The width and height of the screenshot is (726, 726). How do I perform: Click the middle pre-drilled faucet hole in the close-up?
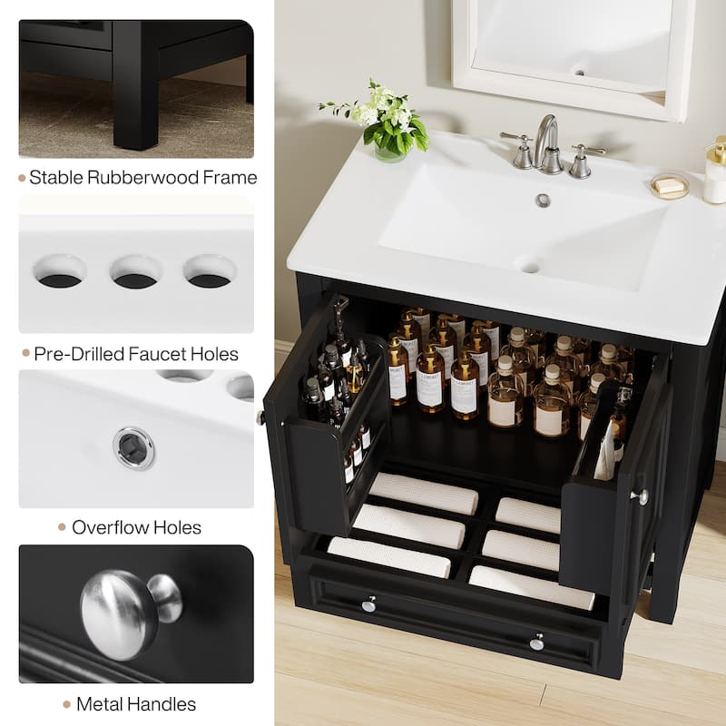click(136, 271)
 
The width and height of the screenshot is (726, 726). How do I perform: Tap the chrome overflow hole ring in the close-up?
click(134, 447)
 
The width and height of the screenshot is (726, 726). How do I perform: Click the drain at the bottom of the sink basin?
click(529, 266)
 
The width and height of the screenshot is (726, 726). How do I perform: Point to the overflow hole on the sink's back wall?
click(543, 201)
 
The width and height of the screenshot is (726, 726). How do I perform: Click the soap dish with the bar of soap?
click(669, 186)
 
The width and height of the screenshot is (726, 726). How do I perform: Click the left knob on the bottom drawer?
click(368, 603)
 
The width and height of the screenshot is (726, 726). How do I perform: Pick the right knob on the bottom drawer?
click(537, 642)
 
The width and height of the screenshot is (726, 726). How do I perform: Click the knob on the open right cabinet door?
click(642, 496)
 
